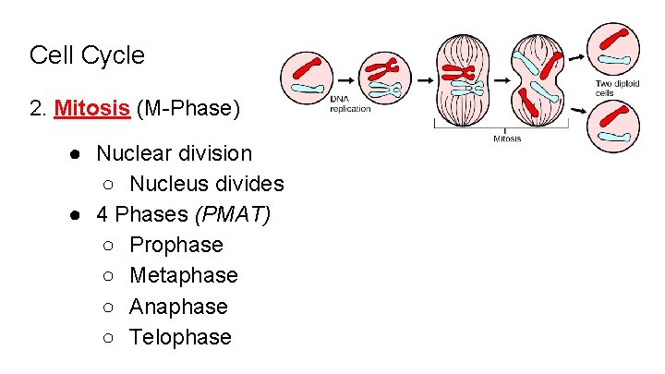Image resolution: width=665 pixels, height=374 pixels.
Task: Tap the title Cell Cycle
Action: pos(87,54)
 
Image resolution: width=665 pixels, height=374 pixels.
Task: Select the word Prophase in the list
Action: pos(176,245)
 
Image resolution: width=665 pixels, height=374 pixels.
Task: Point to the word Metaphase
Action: pos(184,275)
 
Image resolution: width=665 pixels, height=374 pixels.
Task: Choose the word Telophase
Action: pos(180,336)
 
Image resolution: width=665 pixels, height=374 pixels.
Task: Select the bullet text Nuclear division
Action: pos(174,152)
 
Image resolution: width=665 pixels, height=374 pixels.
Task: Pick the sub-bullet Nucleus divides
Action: pos(206,184)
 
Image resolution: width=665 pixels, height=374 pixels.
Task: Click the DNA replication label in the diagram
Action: pos(350,104)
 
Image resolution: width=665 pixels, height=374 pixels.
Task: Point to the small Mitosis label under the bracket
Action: pos(507,139)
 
